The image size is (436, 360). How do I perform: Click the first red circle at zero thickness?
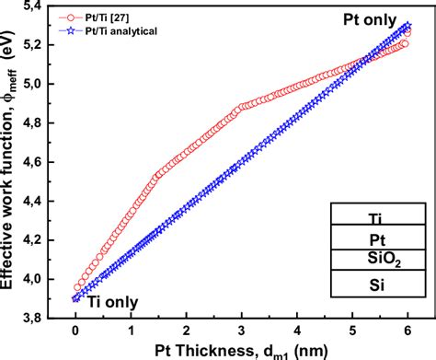77,287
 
